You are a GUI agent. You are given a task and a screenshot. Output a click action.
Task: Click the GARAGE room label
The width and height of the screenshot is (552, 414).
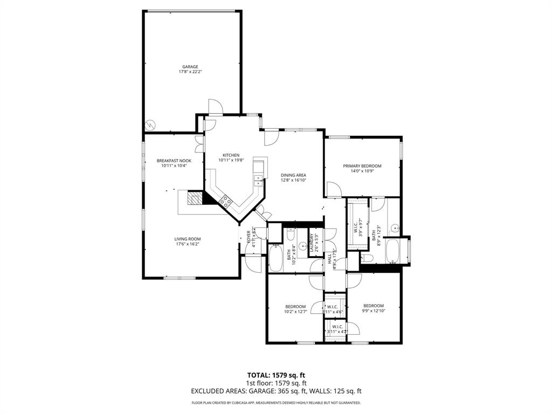click(x=190, y=67)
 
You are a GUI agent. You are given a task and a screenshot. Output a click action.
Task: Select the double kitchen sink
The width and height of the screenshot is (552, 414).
click(x=258, y=180)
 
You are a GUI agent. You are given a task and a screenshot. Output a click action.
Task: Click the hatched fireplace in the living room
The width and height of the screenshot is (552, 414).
click(x=194, y=199)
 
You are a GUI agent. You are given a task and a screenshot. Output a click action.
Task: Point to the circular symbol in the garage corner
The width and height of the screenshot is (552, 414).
click(x=150, y=124)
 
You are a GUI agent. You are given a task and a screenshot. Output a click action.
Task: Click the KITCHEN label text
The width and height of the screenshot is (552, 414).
click(x=231, y=155)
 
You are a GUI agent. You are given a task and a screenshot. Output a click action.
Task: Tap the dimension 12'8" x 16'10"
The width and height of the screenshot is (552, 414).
click(x=293, y=181)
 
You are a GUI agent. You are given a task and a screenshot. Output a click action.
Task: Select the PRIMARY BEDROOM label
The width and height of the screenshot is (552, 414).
click(x=362, y=166)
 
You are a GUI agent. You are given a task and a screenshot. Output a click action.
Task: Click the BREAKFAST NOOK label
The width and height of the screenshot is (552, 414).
click(x=174, y=161)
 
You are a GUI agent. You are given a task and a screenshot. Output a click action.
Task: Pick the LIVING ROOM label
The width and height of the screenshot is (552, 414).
click(x=187, y=239)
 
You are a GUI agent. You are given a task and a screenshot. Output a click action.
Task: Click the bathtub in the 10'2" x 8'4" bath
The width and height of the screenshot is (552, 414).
click(x=275, y=258)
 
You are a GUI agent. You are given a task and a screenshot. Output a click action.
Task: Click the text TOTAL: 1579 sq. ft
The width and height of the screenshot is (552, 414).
click(x=276, y=375)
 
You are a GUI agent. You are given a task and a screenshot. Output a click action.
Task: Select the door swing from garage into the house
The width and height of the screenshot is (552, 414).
click(x=214, y=106)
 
